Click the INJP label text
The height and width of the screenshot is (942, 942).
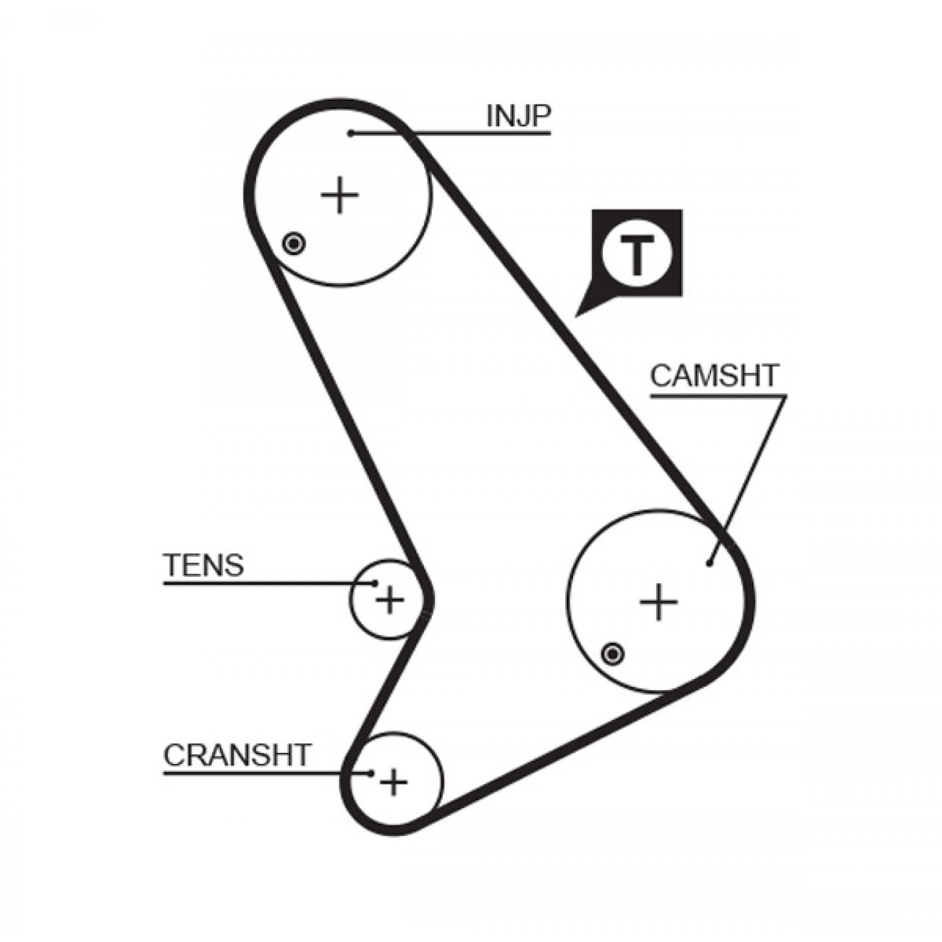click(518, 116)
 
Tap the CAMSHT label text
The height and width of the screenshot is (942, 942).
click(714, 375)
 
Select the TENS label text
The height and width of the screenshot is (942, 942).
click(204, 565)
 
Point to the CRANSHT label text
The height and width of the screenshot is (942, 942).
click(237, 769)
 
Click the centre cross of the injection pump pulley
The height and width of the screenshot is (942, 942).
click(340, 195)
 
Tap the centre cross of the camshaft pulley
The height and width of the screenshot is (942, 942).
click(659, 601)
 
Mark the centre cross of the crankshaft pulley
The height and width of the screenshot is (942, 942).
click(394, 796)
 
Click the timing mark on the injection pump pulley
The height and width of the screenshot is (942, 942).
click(293, 243)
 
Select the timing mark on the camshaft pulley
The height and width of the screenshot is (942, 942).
click(612, 654)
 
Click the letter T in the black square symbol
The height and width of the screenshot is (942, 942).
click(635, 254)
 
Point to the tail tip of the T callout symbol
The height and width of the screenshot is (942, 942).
click(576, 317)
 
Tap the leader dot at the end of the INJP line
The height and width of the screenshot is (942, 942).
click(351, 133)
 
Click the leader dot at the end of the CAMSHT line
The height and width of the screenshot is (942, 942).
click(709, 564)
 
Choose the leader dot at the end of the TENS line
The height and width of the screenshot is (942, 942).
click(375, 583)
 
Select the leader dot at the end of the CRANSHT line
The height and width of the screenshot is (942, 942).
click(372, 787)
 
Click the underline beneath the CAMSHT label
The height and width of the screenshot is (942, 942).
click(718, 395)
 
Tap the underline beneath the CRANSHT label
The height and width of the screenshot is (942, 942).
click(267, 787)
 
